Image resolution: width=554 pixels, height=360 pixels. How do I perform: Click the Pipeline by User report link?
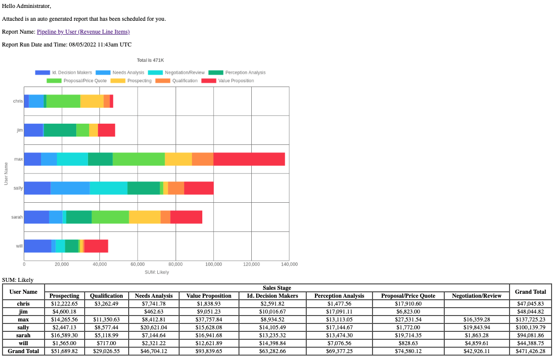(83, 32)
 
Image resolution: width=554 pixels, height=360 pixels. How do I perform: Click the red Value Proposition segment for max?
(249, 159)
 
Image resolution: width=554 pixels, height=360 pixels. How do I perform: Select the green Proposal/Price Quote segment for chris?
(63, 101)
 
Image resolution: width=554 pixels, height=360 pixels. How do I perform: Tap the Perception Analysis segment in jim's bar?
(60, 130)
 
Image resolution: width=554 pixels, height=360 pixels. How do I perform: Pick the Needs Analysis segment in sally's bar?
(70, 188)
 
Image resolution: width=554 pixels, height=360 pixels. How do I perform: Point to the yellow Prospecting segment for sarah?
(144, 217)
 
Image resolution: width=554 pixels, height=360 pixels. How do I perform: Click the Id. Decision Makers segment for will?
(38, 246)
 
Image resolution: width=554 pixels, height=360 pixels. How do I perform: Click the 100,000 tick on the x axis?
(214, 265)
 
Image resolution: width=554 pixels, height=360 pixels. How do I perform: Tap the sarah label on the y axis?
(17, 217)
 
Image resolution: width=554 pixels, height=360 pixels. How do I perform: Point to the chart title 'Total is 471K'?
(150, 60)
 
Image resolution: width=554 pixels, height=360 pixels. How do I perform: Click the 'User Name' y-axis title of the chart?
(6, 174)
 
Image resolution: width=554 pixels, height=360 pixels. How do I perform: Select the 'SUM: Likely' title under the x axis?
(156, 272)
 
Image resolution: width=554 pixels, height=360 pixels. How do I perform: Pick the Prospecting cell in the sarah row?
(65, 335)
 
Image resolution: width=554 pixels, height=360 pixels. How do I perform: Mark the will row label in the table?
(23, 343)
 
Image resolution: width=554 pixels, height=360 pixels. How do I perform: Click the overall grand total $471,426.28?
(530, 351)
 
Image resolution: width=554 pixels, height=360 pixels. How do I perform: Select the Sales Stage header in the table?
(277, 288)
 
